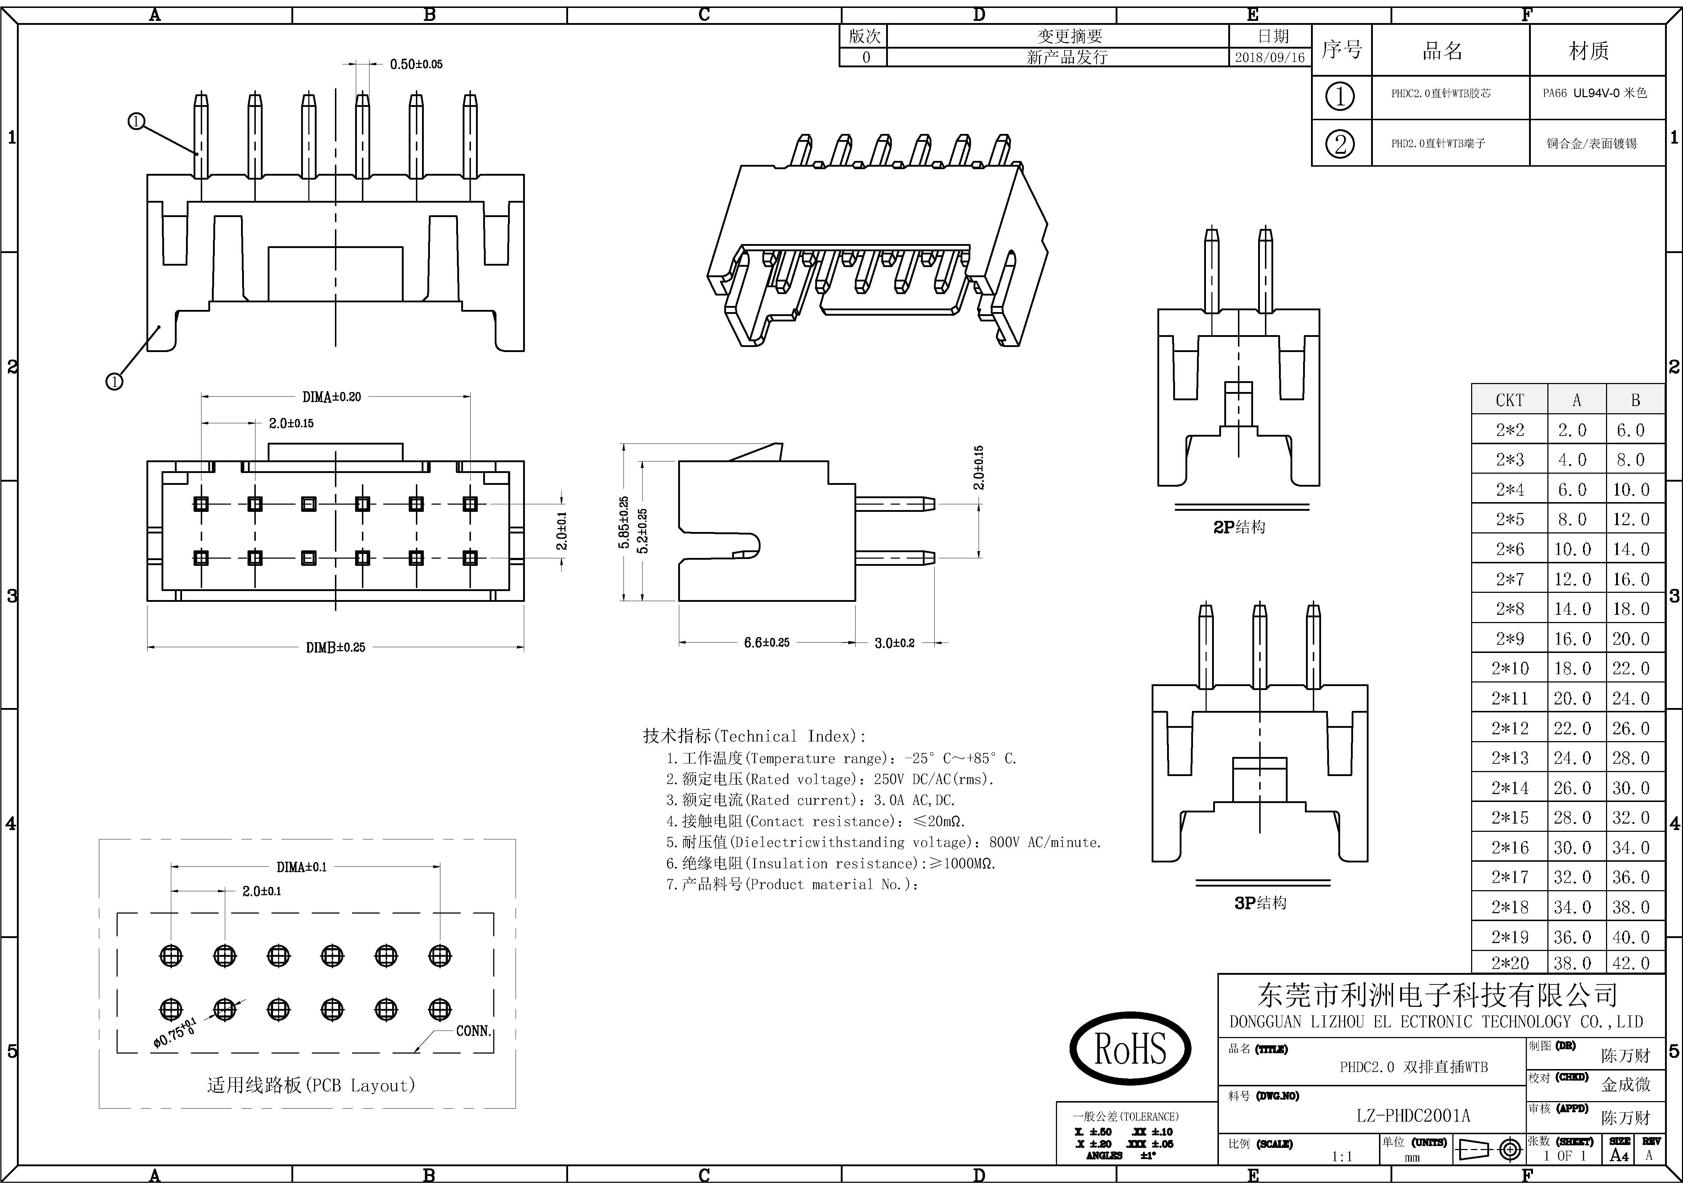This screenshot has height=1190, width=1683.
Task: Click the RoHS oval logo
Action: [1130, 1049]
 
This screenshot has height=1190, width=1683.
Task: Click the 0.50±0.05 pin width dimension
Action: [416, 64]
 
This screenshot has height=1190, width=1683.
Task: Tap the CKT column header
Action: [1509, 400]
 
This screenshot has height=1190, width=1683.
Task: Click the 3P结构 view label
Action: [1259, 903]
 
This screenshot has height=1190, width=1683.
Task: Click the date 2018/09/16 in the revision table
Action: [1270, 57]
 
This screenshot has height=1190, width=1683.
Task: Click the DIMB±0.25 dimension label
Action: [335, 648]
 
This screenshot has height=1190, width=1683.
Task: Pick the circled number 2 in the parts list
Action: [1340, 144]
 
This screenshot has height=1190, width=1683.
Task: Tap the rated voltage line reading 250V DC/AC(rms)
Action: [830, 779]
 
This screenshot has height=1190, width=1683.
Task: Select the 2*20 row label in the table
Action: [1509, 963]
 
